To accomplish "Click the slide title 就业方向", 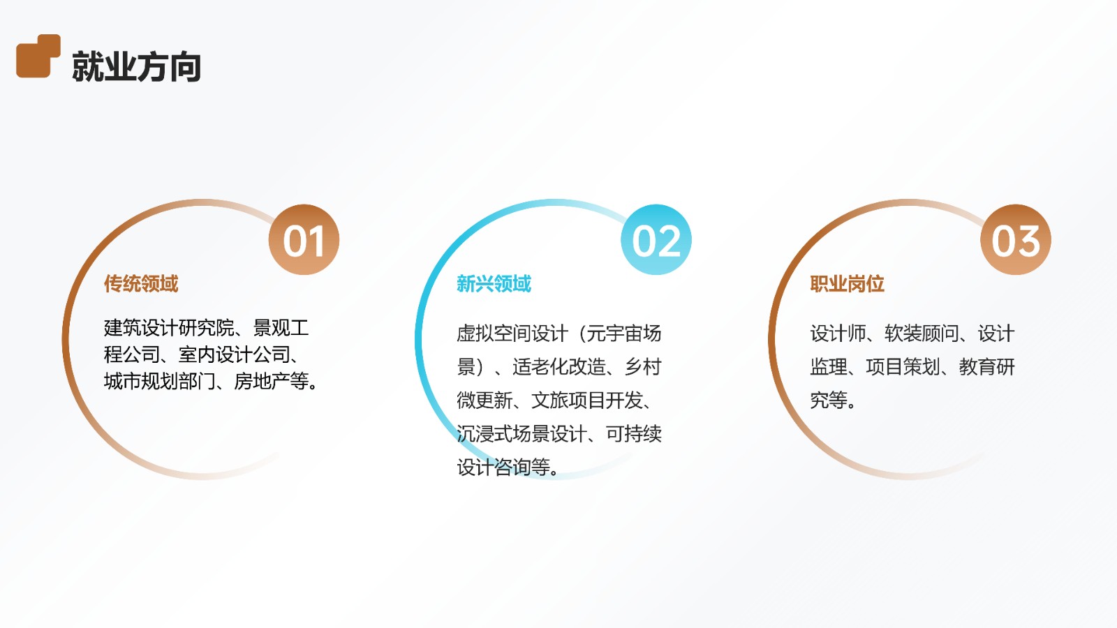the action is [x=137, y=66].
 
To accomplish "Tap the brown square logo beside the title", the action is [x=38, y=56].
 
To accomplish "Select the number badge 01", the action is [x=304, y=240].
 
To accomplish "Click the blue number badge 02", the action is [x=656, y=240].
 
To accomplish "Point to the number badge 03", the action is [x=1016, y=240].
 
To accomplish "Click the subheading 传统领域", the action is [x=141, y=283].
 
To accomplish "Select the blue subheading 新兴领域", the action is [x=494, y=283].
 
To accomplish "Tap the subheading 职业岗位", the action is [x=847, y=283].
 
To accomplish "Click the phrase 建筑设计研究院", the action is [x=169, y=328].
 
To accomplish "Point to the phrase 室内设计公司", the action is [x=235, y=355].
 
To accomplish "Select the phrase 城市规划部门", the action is [x=160, y=382].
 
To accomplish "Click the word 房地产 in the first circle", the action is [x=262, y=382].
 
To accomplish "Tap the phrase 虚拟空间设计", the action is [x=512, y=334].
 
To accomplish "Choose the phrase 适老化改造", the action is [x=559, y=367].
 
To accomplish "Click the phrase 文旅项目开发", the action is [x=587, y=401].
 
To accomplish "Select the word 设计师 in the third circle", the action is [x=838, y=334].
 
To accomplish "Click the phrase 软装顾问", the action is [x=922, y=334].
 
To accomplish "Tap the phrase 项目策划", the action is [x=903, y=367].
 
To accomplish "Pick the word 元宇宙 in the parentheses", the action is [x=614, y=334].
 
